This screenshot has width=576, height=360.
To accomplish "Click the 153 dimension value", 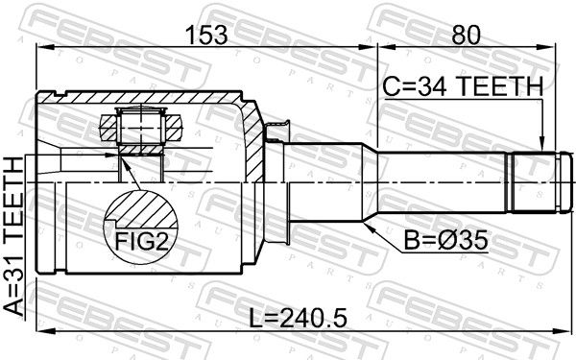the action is [206, 36].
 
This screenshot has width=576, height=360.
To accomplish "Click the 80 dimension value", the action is [466, 36].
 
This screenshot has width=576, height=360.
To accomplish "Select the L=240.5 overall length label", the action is [298, 318].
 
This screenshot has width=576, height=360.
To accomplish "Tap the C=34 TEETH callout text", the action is [463, 86].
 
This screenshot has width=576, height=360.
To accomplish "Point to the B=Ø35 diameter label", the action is [446, 241].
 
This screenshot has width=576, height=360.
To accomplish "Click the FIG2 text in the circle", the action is [142, 242].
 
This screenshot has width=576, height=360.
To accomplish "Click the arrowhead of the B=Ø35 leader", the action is [368, 226].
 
